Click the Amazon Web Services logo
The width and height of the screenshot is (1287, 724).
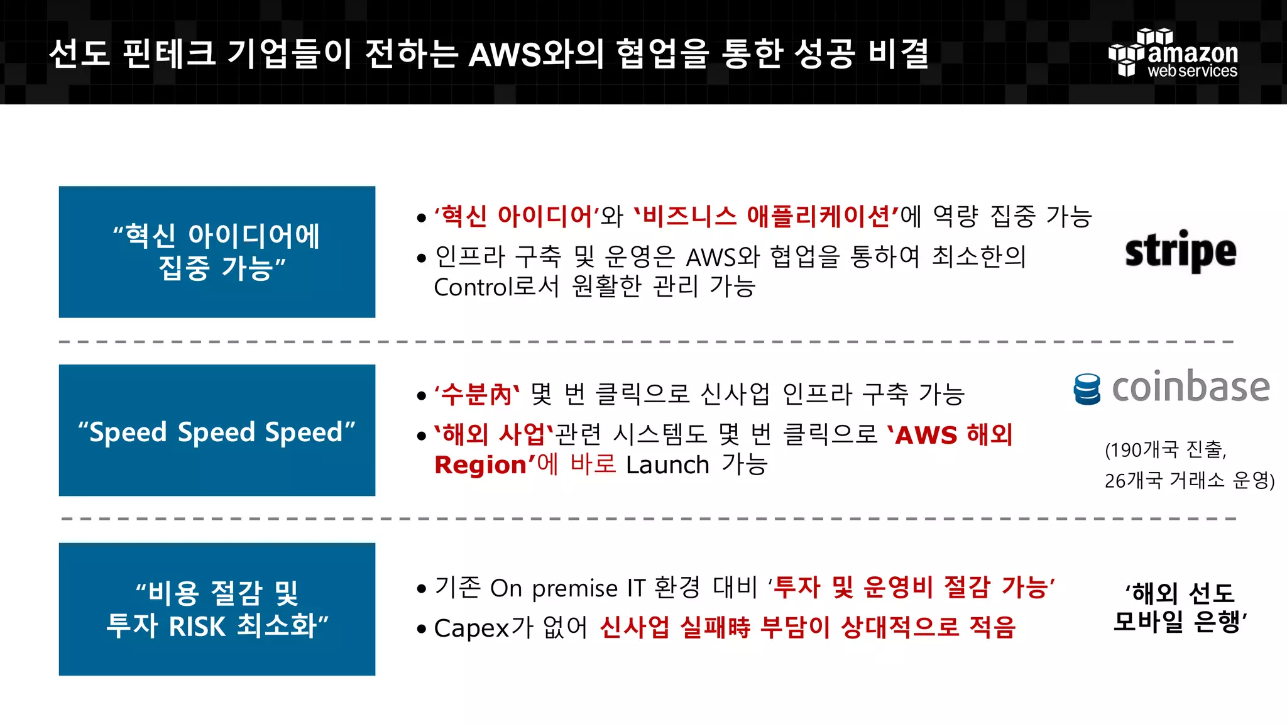(1173, 53)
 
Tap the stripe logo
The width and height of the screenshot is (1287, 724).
(1180, 251)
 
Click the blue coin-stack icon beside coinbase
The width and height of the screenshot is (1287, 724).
(1087, 389)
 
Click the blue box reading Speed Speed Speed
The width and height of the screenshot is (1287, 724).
(217, 431)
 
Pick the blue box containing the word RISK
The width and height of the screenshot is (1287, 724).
(217, 609)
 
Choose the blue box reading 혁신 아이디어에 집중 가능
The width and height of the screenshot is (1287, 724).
(217, 251)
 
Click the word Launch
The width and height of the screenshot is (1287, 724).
(667, 466)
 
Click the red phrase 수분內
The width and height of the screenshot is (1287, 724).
(476, 395)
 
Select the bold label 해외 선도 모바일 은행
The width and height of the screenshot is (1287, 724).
(1180, 607)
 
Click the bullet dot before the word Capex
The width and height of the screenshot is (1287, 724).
(421, 628)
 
